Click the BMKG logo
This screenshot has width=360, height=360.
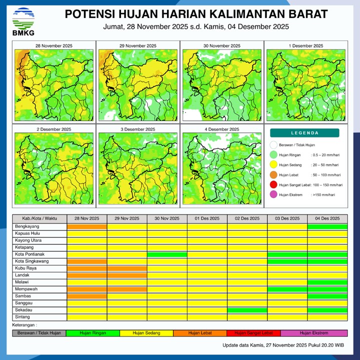tap(23, 21)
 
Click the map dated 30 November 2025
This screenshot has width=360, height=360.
tap(220, 82)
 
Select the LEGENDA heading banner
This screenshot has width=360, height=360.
tap(304, 133)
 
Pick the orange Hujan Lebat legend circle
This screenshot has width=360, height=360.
tap(273, 175)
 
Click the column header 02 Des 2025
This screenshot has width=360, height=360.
tap(247, 218)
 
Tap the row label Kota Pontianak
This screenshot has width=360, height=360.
tap(29, 254)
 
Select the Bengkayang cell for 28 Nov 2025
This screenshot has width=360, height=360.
tap(87, 226)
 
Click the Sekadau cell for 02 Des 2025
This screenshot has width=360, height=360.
tap(247, 310)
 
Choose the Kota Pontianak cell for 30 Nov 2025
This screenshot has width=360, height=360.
tap(167, 254)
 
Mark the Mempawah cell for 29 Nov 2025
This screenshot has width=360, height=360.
tap(127, 289)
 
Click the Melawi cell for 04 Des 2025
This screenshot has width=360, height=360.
tap(327, 282)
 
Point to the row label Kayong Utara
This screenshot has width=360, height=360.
tap(28, 240)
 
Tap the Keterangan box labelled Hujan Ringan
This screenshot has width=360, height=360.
tap(92, 333)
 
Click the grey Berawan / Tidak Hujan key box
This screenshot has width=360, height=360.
tap(39, 333)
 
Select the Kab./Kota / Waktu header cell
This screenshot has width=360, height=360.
tap(39, 218)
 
